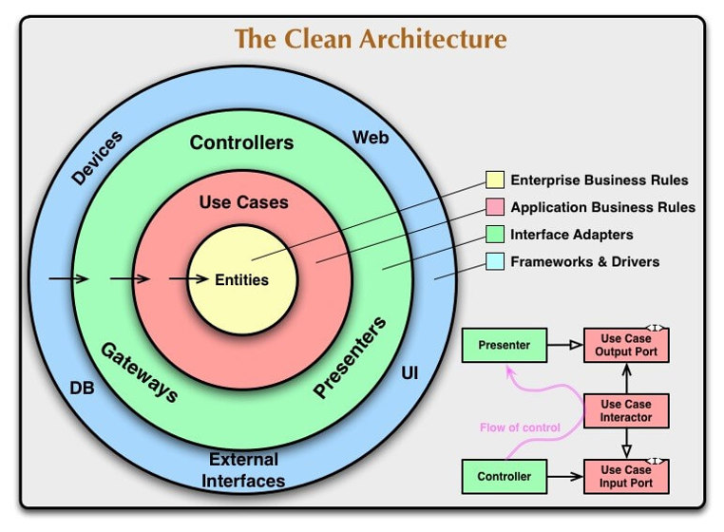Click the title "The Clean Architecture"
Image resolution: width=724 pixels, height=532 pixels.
click(371, 39)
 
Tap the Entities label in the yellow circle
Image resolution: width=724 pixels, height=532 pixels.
click(241, 279)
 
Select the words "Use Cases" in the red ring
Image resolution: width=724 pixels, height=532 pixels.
click(243, 202)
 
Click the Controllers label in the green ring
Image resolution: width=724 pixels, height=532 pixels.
click(241, 143)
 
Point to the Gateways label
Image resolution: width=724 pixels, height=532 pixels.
click(140, 372)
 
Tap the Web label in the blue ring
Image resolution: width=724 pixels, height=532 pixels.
click(371, 138)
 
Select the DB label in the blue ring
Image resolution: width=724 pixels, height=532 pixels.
click(82, 388)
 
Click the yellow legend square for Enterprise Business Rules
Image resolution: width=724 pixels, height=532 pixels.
click(494, 180)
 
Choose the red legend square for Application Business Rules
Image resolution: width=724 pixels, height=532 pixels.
click(494, 207)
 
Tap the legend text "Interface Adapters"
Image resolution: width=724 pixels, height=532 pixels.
click(571, 234)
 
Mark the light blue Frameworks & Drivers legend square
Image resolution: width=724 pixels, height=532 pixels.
click(494, 261)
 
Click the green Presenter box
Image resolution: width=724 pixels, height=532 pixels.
click(504, 345)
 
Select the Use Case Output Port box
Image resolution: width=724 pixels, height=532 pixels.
click(626, 345)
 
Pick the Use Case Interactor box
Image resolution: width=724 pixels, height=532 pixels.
click(626, 410)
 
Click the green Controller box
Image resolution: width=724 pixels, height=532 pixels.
click(504, 476)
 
